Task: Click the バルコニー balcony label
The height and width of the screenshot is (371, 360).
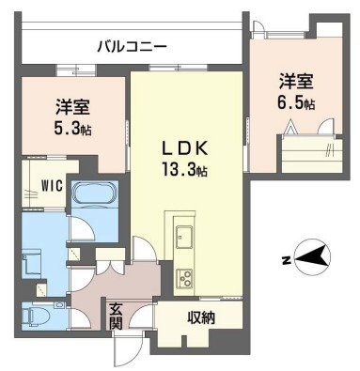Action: click(x=132, y=45)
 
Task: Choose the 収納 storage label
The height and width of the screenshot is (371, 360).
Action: click(x=201, y=317)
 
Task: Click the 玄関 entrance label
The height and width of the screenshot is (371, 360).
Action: click(x=115, y=316)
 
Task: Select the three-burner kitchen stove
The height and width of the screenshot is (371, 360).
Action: click(x=183, y=277)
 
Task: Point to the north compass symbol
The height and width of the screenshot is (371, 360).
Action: click(x=309, y=255)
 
